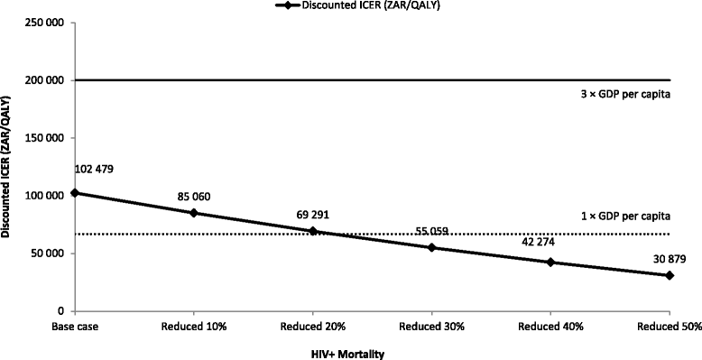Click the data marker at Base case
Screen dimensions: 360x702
click(75, 193)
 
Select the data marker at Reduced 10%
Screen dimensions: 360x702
click(194, 213)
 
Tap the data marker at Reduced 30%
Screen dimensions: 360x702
click(432, 247)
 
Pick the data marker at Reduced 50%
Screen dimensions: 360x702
click(670, 275)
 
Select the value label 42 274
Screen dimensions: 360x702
click(550, 241)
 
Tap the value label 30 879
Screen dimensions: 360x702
click(669, 259)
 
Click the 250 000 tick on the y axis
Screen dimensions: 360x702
click(42, 23)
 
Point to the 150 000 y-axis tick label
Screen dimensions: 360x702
click(42, 138)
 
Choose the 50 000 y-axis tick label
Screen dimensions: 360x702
click(45, 254)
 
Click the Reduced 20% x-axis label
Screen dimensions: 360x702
click(313, 326)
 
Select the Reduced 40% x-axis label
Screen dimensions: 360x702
click(550, 326)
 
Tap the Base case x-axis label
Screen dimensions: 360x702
click(75, 326)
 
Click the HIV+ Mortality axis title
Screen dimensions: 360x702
click(343, 353)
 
